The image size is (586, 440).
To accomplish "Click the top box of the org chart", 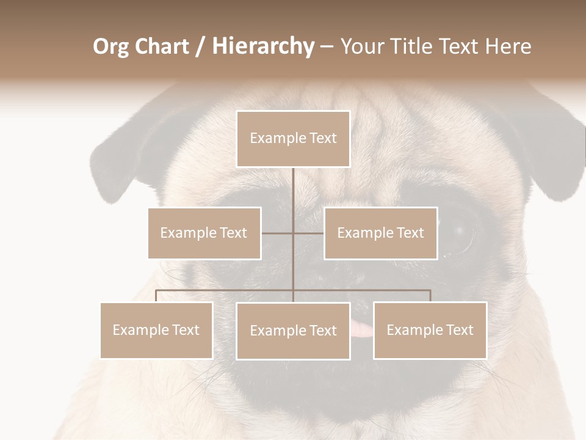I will click(293, 139).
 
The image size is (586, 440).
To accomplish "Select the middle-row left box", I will click(204, 233).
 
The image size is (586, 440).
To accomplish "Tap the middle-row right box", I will click(380, 233).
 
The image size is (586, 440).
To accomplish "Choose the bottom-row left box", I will click(156, 330).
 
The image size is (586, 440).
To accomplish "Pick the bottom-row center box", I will click(293, 331).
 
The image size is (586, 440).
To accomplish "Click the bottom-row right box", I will click(430, 330).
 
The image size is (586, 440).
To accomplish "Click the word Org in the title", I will click(110, 46).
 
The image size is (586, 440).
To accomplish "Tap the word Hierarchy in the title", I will click(262, 46).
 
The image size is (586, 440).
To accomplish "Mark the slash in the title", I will click(200, 47).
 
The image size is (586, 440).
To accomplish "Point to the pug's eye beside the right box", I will click(458, 235).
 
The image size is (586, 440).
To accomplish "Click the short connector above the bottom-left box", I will click(156, 296).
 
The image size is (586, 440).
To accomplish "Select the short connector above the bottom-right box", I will click(430, 296).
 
